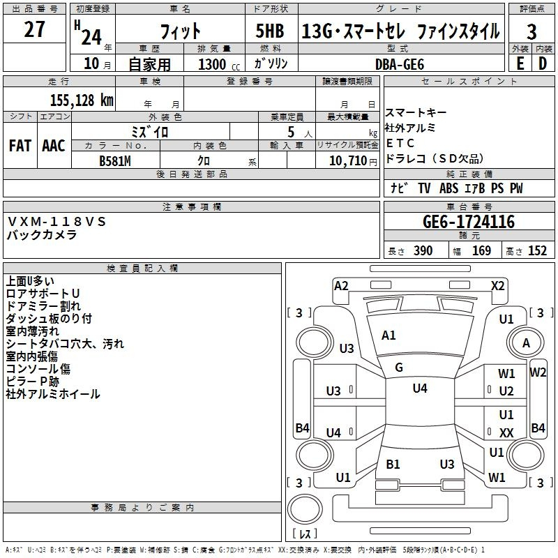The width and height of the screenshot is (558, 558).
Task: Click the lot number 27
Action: click(x=34, y=29)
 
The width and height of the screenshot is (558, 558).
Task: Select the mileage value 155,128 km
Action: click(x=82, y=100)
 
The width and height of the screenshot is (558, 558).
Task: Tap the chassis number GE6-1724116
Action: click(x=469, y=222)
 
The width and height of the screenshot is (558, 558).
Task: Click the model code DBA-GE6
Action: click(x=400, y=64)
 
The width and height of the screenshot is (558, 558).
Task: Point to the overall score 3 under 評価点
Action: click(x=531, y=32)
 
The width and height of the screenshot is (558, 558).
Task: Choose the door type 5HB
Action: click(x=270, y=31)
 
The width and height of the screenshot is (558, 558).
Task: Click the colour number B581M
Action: click(x=115, y=161)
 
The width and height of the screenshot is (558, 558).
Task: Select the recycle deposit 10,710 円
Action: click(x=353, y=161)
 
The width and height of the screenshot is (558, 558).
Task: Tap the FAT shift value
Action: click(x=20, y=146)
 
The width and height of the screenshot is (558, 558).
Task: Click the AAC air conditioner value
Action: click(x=54, y=146)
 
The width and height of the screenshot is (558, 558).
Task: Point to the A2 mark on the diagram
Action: click(x=341, y=286)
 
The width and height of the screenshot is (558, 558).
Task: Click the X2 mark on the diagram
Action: click(x=497, y=286)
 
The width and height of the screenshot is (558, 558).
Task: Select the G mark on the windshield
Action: click(x=399, y=368)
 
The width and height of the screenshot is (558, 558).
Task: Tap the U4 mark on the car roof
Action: click(x=420, y=388)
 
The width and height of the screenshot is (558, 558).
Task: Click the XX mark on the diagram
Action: click(x=506, y=432)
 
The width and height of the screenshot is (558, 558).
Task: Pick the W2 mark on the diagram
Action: click(x=538, y=372)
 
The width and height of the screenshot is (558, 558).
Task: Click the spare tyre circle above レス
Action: click(x=305, y=508)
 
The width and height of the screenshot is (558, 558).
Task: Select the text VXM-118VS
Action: click(x=56, y=222)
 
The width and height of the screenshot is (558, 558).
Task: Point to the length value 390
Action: click(x=423, y=250)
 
